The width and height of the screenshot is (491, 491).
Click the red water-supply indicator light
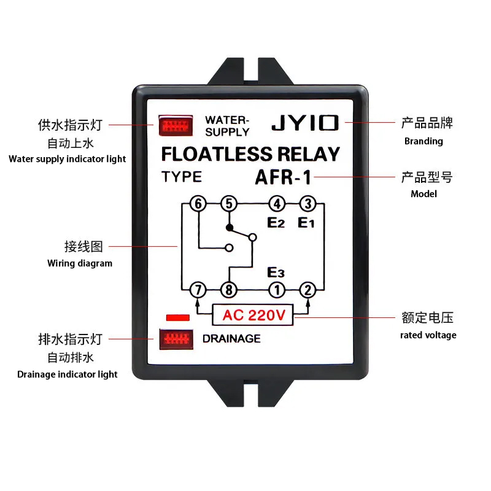(x=176, y=125)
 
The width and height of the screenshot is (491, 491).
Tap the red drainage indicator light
(x=176, y=339)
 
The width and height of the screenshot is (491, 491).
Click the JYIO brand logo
(x=305, y=123)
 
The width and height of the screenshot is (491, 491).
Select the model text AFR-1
(x=283, y=177)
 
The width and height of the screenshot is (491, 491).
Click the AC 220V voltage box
(x=253, y=315)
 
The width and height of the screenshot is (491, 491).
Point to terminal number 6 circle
(x=198, y=204)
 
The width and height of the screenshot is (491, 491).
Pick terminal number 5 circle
(x=229, y=204)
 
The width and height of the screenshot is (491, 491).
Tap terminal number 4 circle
(x=277, y=204)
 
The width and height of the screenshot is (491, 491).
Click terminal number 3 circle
(x=308, y=204)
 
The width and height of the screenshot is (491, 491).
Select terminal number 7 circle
(x=198, y=290)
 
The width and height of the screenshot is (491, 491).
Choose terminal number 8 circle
(x=229, y=290)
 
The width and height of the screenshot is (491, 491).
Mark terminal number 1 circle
(x=277, y=290)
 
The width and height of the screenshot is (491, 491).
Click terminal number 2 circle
(x=308, y=290)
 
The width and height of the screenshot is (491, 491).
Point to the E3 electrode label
(x=276, y=272)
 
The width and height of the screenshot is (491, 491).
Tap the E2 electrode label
(x=276, y=223)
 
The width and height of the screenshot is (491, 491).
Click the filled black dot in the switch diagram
(x=230, y=228)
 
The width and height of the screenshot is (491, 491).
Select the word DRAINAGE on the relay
(x=231, y=339)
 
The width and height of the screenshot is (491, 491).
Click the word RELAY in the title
(x=309, y=154)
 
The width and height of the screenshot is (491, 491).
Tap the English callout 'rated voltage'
(x=428, y=335)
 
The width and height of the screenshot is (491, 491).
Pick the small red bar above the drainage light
(x=178, y=318)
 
